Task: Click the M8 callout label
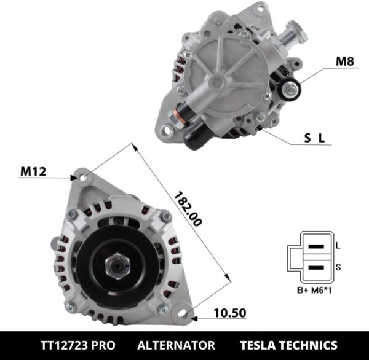pos(345,61)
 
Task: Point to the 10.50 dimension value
pos(229,313)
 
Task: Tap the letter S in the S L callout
pos(307,138)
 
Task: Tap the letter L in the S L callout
pos(321,138)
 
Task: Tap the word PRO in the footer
pos(101,345)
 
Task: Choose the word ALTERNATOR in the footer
pos(176,345)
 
